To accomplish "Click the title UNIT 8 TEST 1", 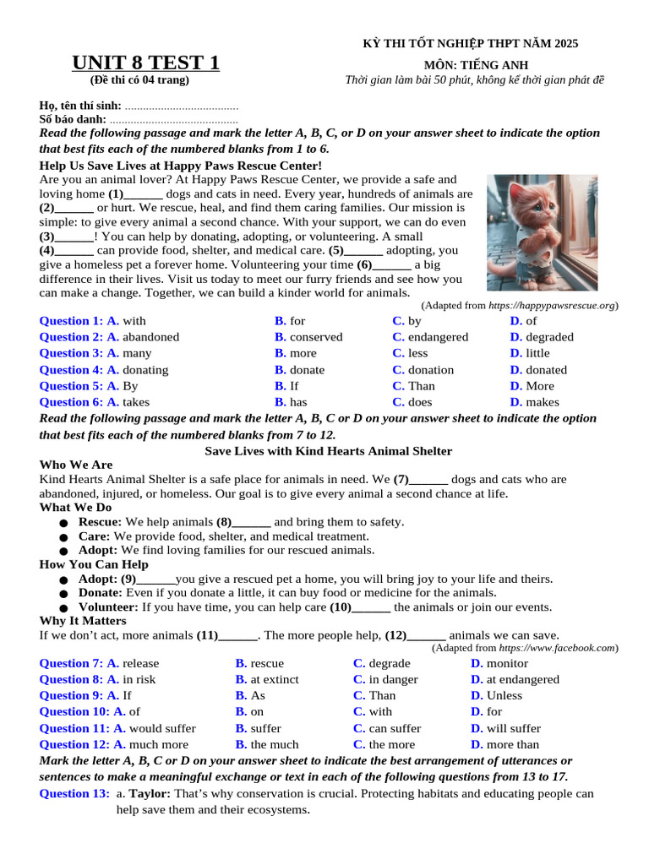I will tap(145, 63).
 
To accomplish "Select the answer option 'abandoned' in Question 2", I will tap(150, 337).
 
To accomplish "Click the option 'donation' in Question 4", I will tap(430, 370).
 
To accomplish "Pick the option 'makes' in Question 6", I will tap(542, 403).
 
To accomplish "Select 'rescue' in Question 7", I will tap(266, 663).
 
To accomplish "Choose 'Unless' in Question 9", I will tap(504, 696).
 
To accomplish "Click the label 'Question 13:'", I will tap(74, 794).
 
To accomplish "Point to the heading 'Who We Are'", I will tap(76, 465).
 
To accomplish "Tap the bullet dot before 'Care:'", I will tap(63, 537).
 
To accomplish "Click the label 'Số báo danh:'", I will tap(73, 120).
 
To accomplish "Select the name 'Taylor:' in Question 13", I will tap(150, 794).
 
